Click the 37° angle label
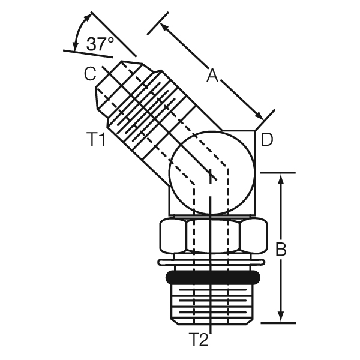pyautogui.click(x=100, y=44)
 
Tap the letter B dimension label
pyautogui.click(x=281, y=249)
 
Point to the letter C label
pyautogui.click(x=90, y=73)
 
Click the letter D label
pyautogui.click(x=267, y=139)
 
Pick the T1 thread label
pyautogui.click(x=97, y=139)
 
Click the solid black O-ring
pyautogui.click(x=213, y=277)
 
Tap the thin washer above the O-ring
pyautogui.click(x=211, y=262)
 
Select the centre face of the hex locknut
pyautogui.click(x=213, y=236)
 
